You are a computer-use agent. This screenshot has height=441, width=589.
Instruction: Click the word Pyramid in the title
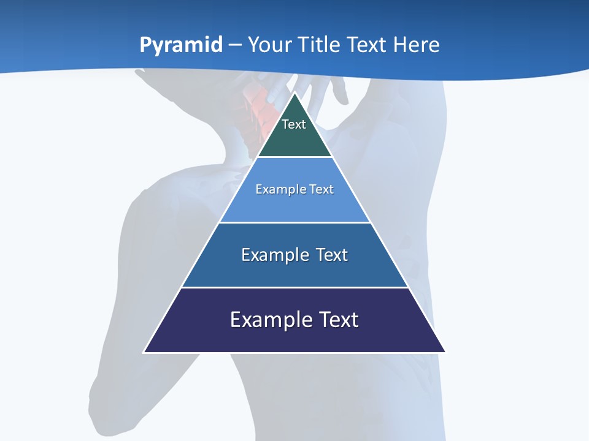180,45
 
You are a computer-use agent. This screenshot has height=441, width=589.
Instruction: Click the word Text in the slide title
369,45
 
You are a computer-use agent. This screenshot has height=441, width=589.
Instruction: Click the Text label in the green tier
294,124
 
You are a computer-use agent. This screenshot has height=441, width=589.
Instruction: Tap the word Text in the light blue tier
322,189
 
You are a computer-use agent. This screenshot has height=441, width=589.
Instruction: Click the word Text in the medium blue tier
332,255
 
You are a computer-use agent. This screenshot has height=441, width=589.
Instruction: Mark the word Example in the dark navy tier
271,320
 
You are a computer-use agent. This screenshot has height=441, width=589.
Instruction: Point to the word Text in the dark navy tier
338,320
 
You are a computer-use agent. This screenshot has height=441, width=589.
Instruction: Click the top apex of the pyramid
294,93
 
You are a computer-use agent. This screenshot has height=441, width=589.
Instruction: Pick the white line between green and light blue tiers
294,157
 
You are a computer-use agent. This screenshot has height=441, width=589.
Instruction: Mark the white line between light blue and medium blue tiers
294,222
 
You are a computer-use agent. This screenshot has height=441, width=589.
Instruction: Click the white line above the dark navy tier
294,287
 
